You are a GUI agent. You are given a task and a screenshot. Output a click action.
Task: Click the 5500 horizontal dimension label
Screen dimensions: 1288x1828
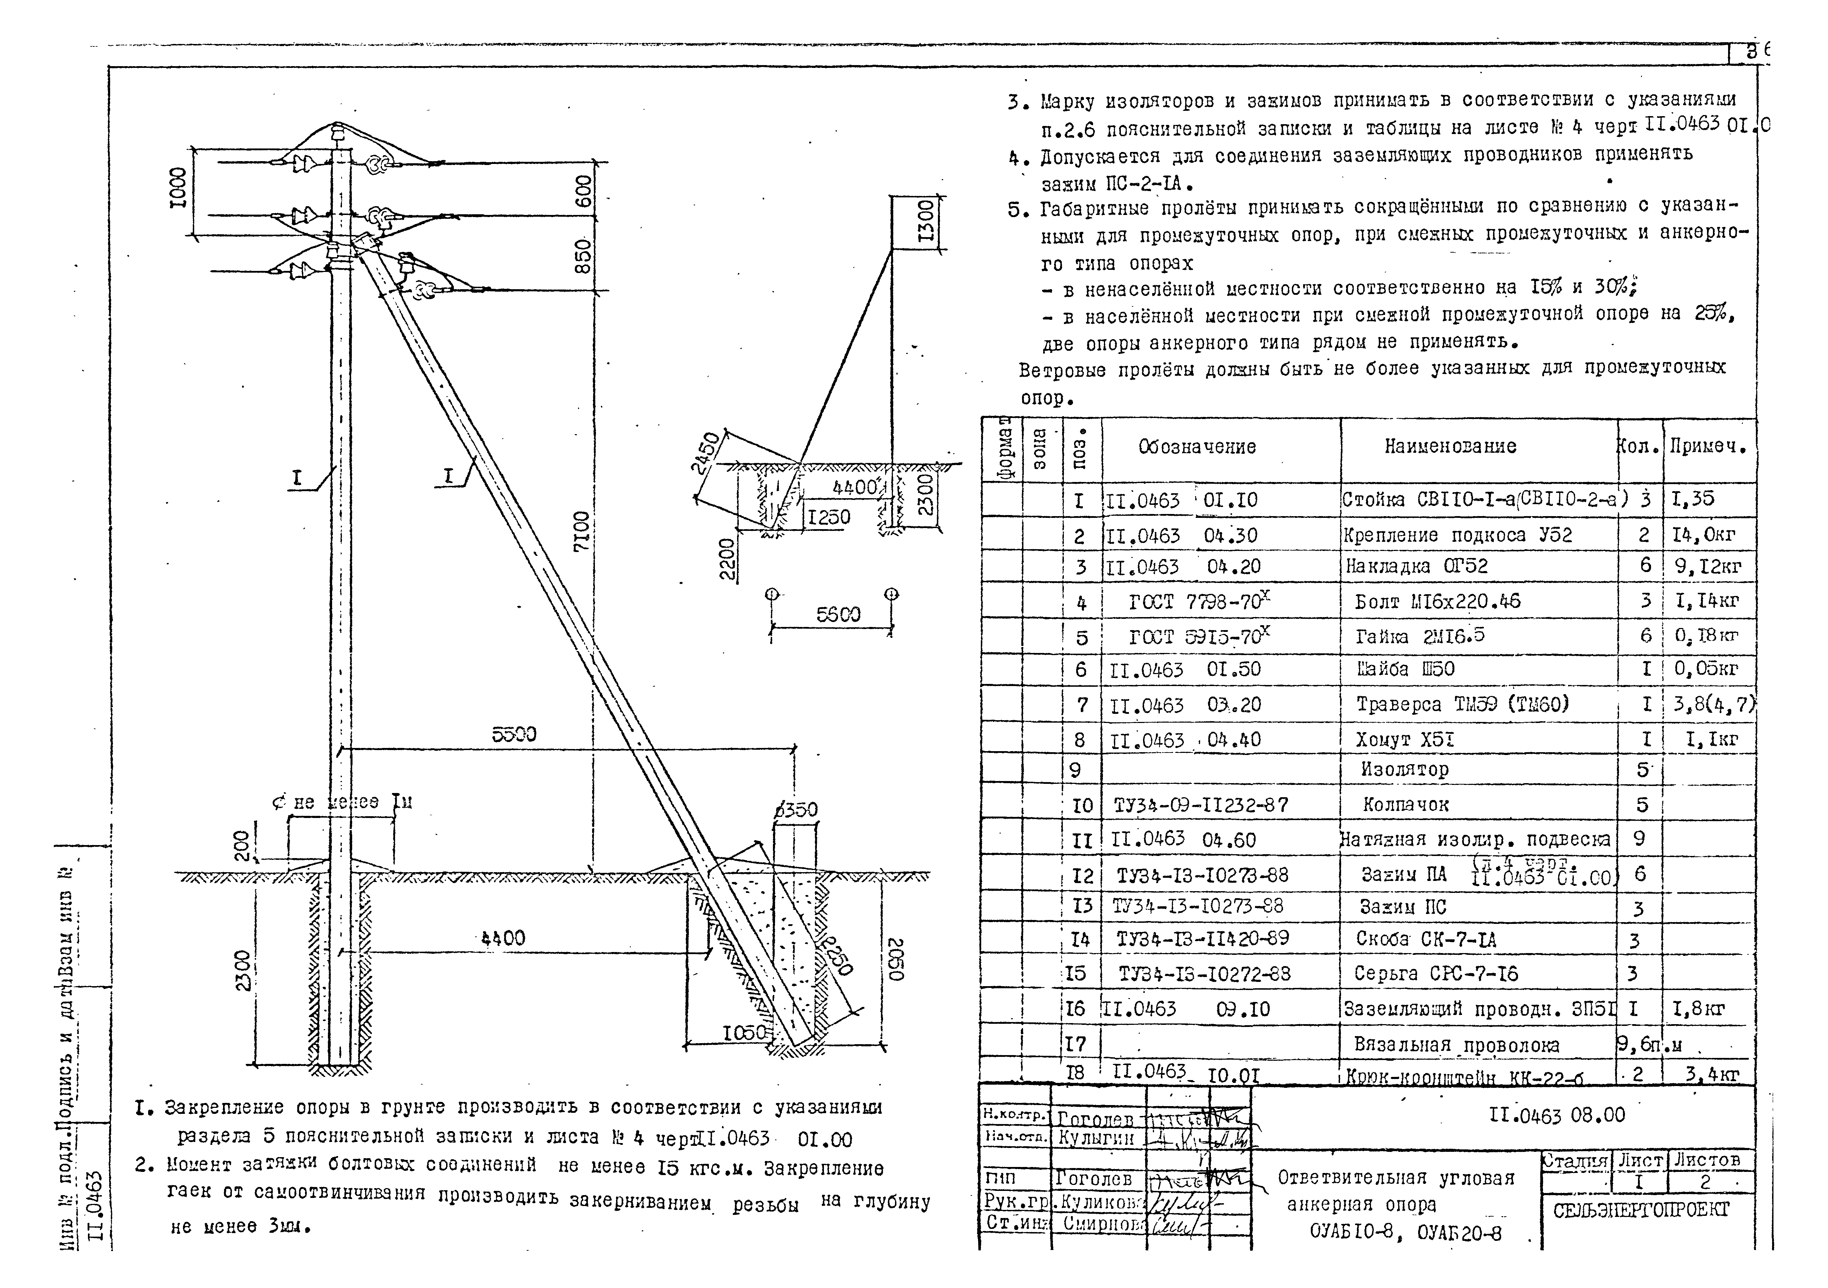click(x=514, y=734)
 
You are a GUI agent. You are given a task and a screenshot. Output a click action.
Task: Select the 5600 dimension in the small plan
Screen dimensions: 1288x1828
click(x=838, y=615)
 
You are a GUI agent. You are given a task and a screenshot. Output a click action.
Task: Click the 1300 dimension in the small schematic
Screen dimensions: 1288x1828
click(x=926, y=221)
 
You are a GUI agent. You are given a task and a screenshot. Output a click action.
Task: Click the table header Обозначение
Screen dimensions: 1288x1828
click(x=1197, y=446)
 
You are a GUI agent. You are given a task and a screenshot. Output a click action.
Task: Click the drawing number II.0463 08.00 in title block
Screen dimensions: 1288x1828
click(x=1556, y=1115)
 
